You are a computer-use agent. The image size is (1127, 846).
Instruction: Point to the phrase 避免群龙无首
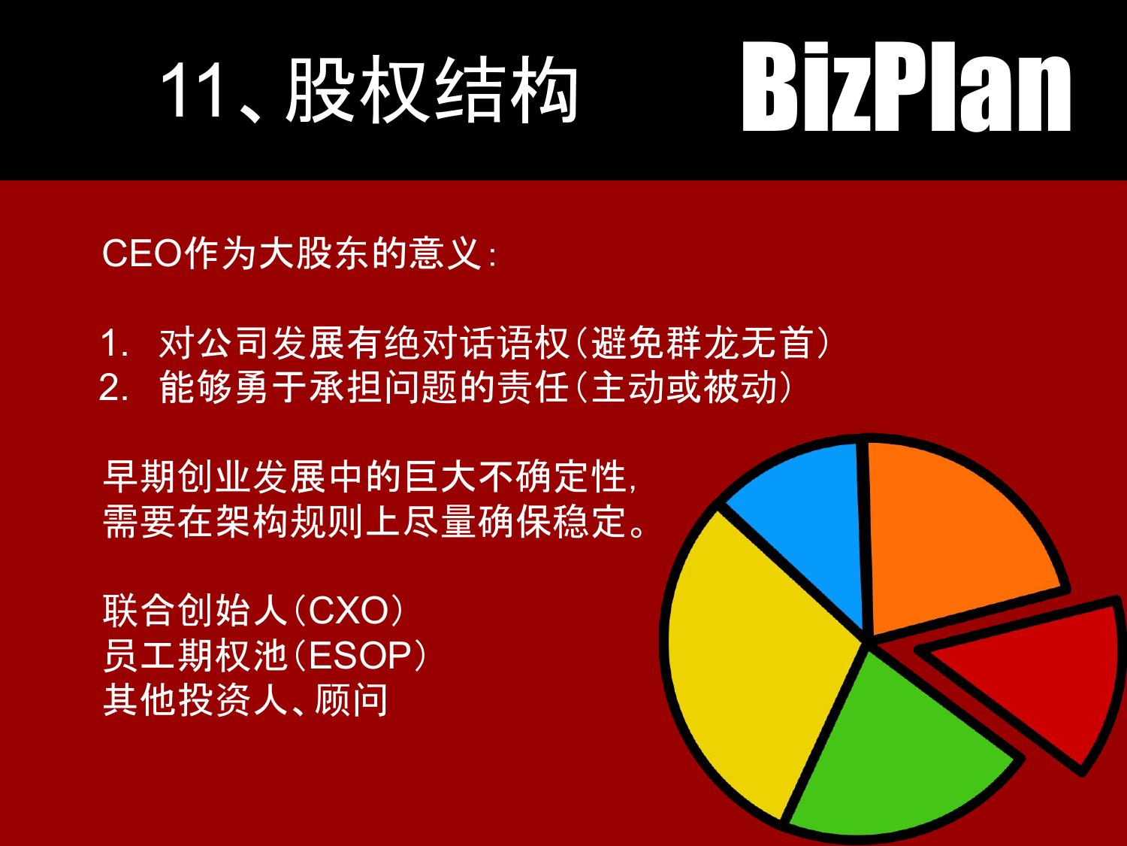[x=702, y=344]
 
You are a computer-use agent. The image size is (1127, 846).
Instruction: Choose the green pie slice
[x=894, y=752]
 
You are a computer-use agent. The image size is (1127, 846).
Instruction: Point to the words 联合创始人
[x=195, y=611]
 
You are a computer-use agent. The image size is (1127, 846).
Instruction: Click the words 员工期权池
[x=195, y=656]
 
